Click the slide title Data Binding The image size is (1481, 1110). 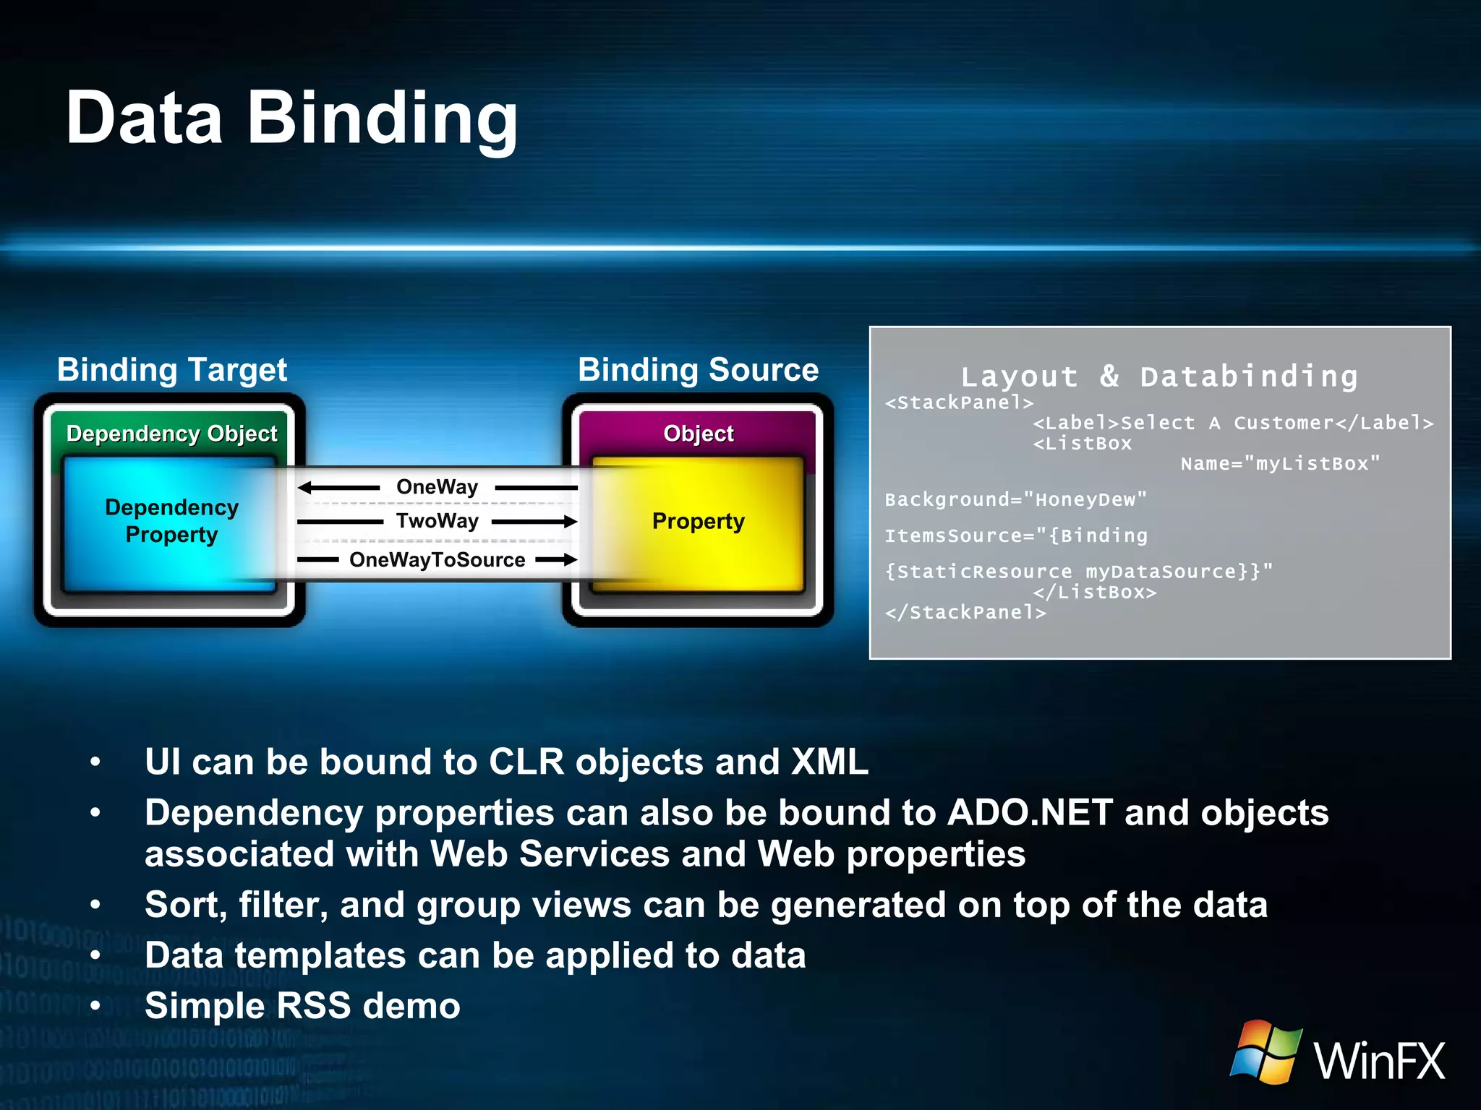point(291,118)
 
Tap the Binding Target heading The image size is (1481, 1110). point(172,369)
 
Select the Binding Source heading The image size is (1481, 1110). point(698,369)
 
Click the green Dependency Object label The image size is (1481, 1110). point(171,434)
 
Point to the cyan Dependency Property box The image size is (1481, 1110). point(171,521)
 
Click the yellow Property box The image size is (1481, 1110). point(698,522)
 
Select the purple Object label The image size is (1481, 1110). point(698,434)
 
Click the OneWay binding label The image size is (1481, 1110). point(437,487)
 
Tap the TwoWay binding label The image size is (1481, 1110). point(437,521)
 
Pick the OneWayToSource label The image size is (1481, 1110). point(437,560)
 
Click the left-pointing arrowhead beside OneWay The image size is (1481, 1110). point(304,488)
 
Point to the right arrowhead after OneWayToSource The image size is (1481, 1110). point(570,559)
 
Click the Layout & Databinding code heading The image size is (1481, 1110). point(1159,377)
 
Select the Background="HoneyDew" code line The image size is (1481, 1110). point(1015,499)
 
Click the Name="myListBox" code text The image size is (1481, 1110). point(1280,463)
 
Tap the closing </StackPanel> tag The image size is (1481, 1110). point(965,612)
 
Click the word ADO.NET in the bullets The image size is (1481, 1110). point(1030,813)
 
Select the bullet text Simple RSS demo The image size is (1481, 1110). point(302,1006)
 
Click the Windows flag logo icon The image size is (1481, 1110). point(1266,1051)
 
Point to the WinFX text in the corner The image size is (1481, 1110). point(1379,1061)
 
